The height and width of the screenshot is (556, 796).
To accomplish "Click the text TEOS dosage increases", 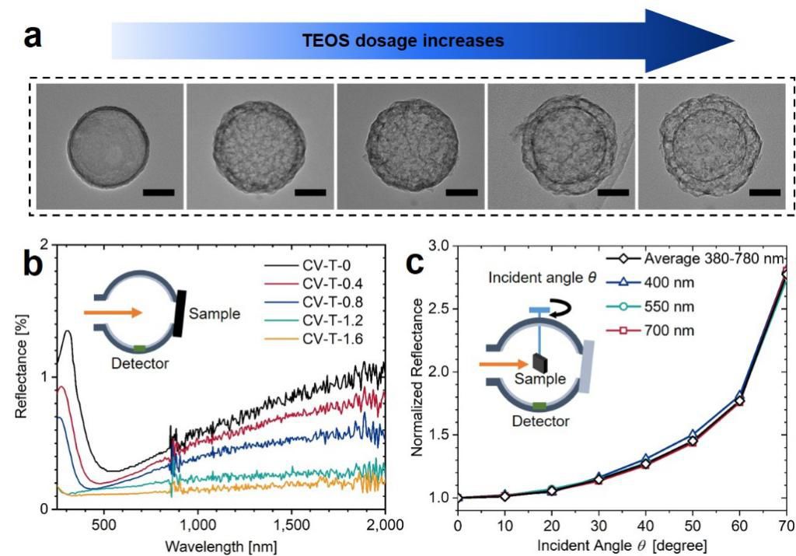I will [403, 40].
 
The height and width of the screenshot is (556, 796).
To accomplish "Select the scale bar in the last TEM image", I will [764, 191].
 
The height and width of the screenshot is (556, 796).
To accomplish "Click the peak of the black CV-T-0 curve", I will [68, 332].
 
